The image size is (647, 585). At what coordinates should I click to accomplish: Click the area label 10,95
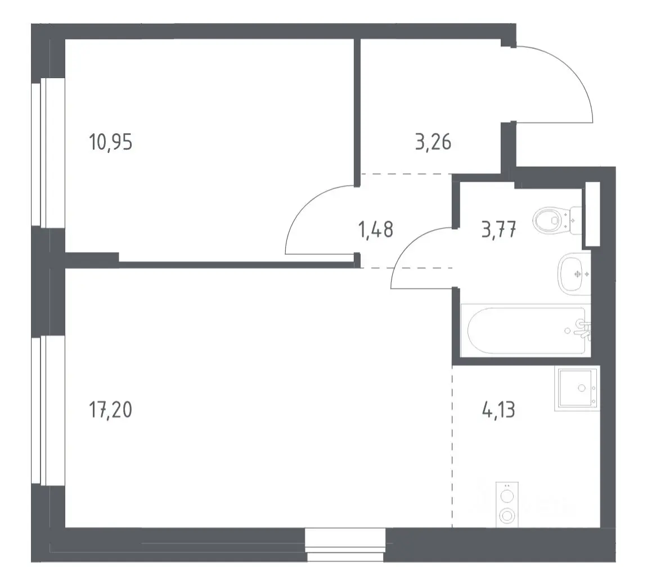111,142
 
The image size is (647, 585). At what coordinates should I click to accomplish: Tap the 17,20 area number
111,410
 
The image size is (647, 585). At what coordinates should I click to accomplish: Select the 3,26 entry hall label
433,142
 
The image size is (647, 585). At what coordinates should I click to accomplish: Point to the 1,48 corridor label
376,230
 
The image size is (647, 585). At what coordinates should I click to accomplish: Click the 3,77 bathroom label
499,230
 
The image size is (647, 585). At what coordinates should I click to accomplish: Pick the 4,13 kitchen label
498,410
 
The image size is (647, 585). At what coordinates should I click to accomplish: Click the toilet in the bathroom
557,220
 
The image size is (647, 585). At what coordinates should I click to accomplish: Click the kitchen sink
577,389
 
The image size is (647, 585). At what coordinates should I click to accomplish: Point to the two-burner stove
507,505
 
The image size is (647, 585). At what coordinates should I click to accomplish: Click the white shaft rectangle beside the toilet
592,214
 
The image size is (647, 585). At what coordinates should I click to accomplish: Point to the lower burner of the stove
507,515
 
